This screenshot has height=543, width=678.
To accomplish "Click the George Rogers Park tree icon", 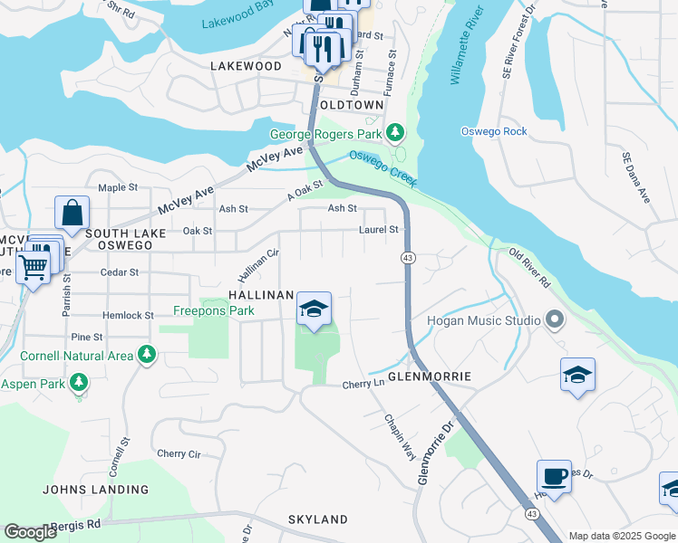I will [394, 134].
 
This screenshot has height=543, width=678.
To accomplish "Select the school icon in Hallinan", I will [313, 310].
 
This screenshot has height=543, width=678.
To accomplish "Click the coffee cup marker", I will [554, 476].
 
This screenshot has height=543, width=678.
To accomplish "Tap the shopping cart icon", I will [34, 267].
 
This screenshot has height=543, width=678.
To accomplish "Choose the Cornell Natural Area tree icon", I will [145, 355].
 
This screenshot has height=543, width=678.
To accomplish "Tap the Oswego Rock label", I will [494, 131].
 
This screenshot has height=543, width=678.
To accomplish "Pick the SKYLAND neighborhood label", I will [317, 519].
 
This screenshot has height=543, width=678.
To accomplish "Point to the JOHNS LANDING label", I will [95, 490].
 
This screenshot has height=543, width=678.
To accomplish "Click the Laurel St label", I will [378, 230].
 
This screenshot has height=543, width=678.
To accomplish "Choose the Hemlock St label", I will [128, 315].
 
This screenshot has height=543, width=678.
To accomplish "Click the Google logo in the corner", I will [31, 532].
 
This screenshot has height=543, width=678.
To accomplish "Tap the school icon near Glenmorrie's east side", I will [577, 376].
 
